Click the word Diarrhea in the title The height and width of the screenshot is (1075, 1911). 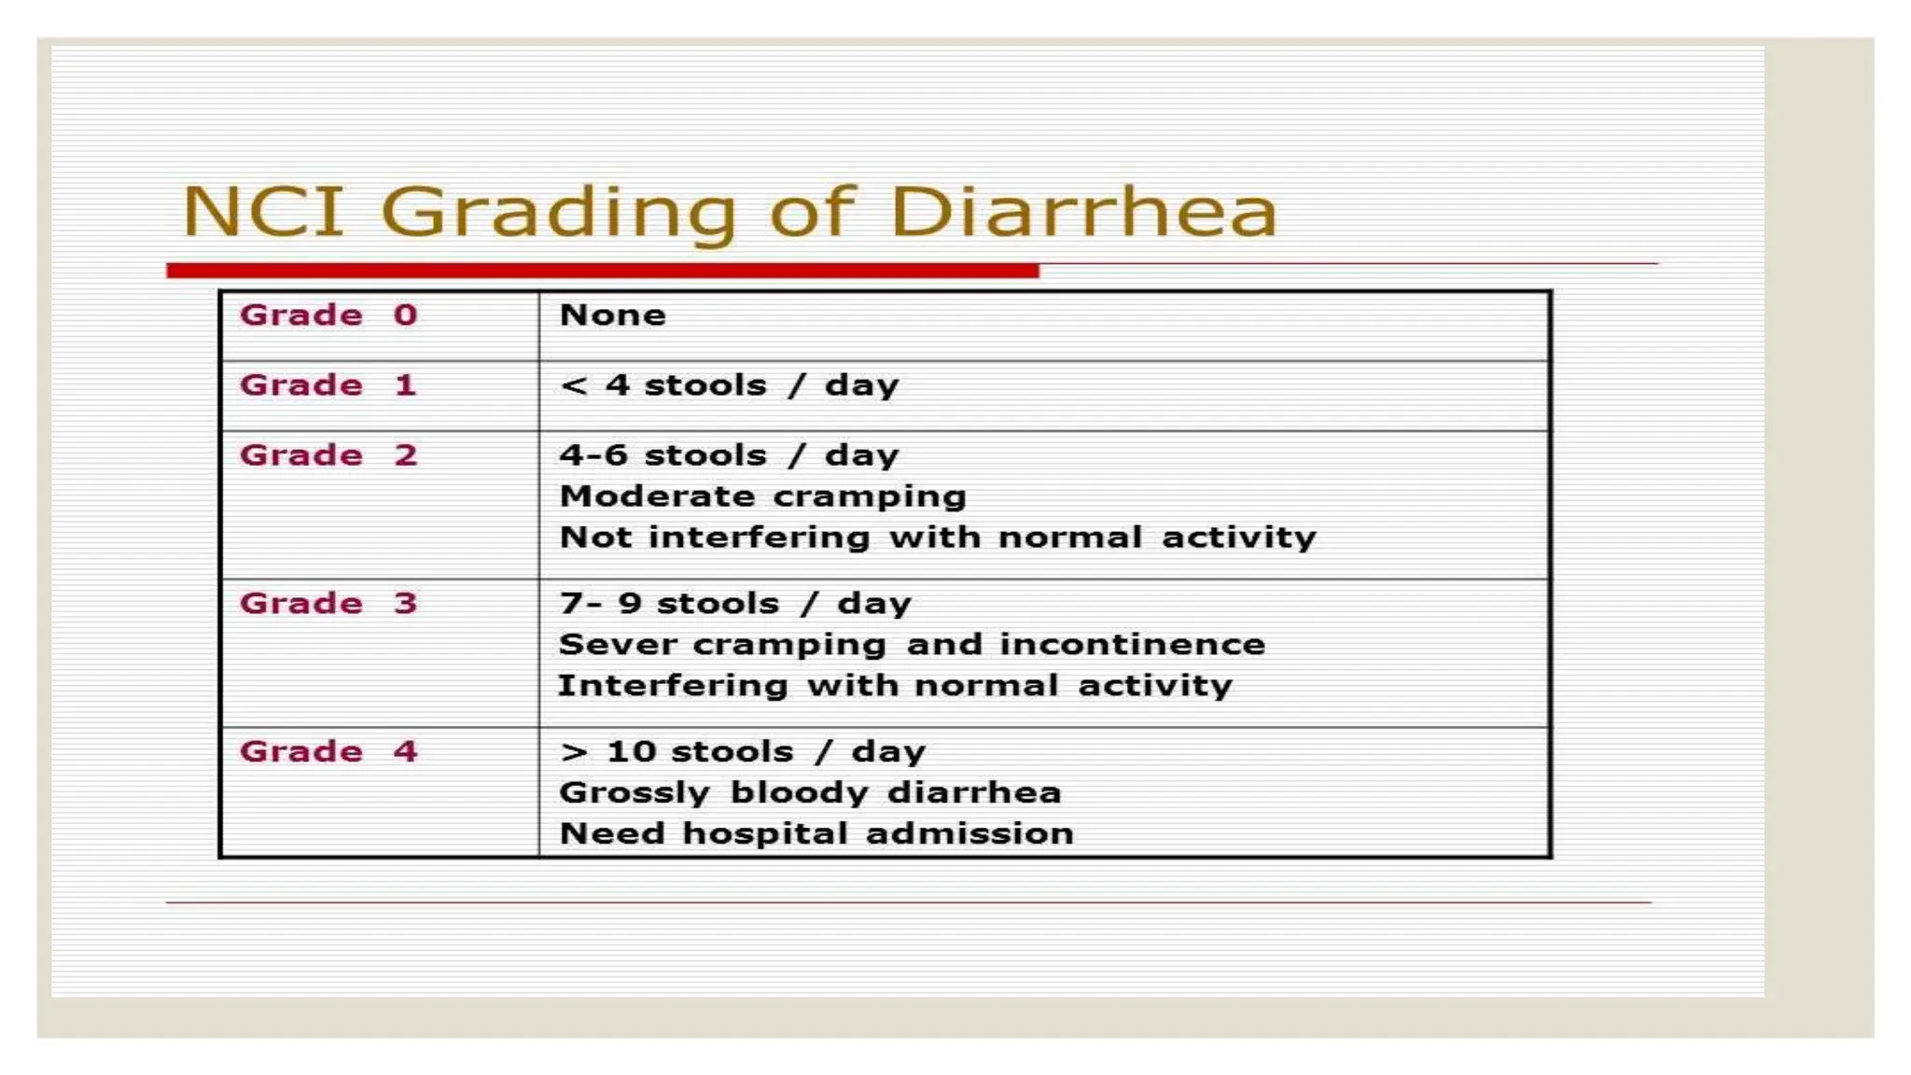coord(1083,212)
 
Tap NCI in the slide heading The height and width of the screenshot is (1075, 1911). coord(263,212)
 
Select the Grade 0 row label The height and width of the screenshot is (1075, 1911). coord(328,315)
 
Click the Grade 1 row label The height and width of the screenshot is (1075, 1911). coord(328,385)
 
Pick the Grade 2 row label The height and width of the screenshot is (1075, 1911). coord(328,455)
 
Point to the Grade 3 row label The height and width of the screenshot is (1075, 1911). coord(328,604)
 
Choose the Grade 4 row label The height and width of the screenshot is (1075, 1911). coord(328,752)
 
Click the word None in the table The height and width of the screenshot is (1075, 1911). coord(612,315)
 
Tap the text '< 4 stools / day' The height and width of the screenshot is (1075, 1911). coord(729,385)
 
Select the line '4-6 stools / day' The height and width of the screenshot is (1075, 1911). coord(729,455)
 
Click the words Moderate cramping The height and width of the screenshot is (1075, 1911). coord(762,496)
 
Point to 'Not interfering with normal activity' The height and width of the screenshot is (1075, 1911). coord(937,537)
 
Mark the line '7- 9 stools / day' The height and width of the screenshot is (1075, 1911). coord(734,604)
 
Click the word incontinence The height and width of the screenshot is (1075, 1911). coord(1132,645)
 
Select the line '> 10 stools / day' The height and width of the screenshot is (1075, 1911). coord(742,752)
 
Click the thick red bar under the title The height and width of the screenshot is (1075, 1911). coord(602,271)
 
